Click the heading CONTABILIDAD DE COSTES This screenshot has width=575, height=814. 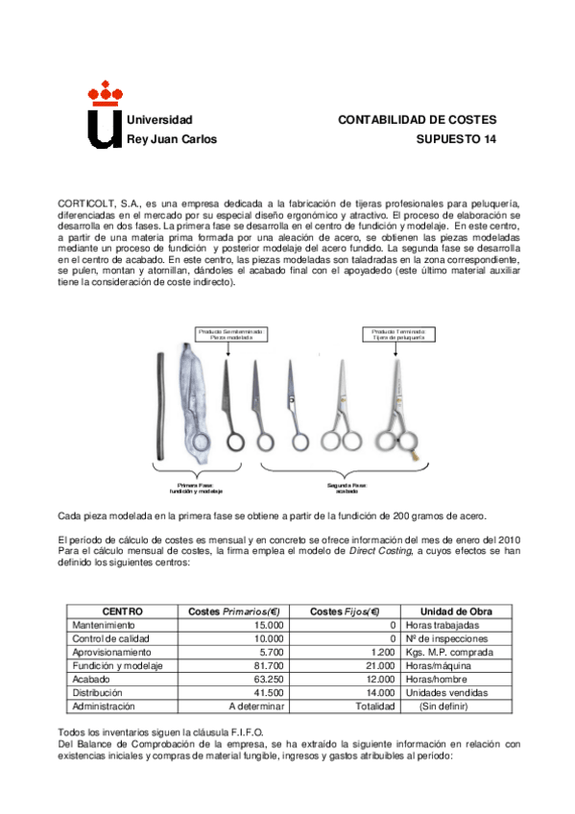tap(417, 120)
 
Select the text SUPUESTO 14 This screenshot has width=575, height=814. tap(456, 139)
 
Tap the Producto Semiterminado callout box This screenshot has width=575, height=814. tap(230, 334)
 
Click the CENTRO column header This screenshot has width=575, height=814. tap(122, 611)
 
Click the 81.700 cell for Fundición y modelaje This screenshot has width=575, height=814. tap(240, 665)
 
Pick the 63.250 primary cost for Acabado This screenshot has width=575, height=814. tap(240, 679)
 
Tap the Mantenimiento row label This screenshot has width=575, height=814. tap(108, 625)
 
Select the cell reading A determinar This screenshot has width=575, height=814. tap(238, 706)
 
